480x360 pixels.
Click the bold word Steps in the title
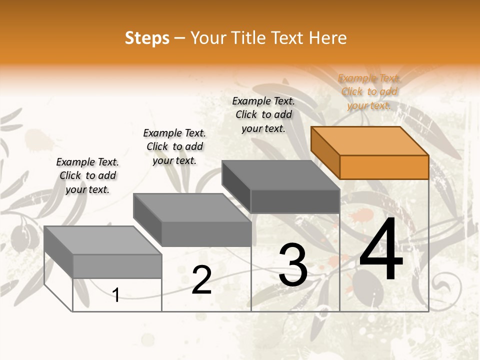pyautogui.click(x=147, y=38)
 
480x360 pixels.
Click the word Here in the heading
pyautogui.click(x=327, y=38)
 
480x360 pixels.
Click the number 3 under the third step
pyautogui.click(x=293, y=265)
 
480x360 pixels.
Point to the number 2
pyautogui.click(x=201, y=280)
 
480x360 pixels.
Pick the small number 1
pyautogui.click(x=116, y=295)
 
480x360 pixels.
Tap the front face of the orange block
pyautogui.click(x=384, y=167)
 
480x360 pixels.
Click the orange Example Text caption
pyautogui.click(x=369, y=91)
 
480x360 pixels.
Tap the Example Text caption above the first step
pyautogui.click(x=87, y=175)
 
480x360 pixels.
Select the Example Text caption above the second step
pyautogui.click(x=174, y=146)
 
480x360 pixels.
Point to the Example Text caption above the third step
pyautogui.click(x=263, y=114)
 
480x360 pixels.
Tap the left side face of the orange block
pyautogui.click(x=325, y=152)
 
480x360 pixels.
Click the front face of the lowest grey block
pyautogui.click(x=117, y=266)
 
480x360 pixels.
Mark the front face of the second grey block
pyautogui.click(x=206, y=234)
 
